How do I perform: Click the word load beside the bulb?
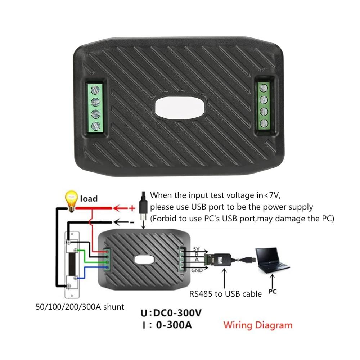[89, 198]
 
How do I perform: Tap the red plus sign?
[132, 208]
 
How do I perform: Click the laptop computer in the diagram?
[272, 260]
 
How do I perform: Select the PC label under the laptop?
[273, 291]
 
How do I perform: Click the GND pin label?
[197, 270]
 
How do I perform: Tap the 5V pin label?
[196, 249]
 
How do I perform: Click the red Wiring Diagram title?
[258, 325]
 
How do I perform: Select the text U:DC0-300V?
[171, 313]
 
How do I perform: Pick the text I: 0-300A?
[167, 325]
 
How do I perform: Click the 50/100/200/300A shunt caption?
[80, 307]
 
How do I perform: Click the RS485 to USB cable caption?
[225, 294]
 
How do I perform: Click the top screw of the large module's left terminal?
[95, 90]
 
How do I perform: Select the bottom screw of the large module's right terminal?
[264, 123]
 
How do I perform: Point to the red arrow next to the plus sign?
[121, 208]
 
